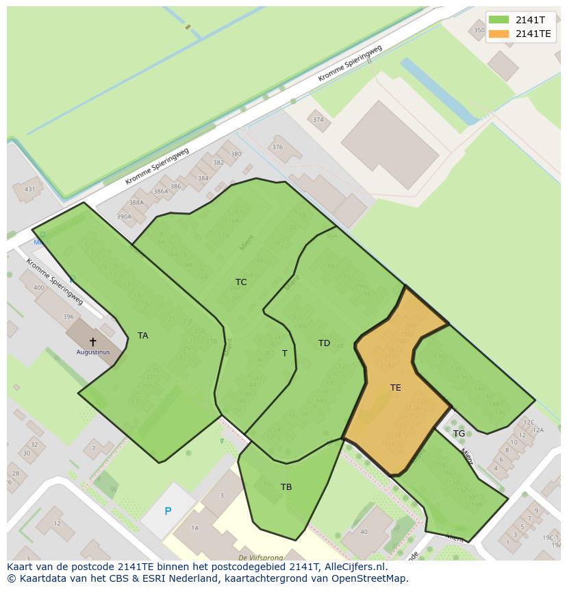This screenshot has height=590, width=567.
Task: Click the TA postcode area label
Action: tap(142, 336)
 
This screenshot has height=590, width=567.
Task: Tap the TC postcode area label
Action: tap(241, 282)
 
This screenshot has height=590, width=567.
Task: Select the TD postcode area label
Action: tap(324, 343)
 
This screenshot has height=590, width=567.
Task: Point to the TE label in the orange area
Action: tap(395, 388)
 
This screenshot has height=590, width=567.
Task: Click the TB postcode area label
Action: tap(286, 487)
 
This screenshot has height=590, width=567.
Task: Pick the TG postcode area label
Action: tap(459, 434)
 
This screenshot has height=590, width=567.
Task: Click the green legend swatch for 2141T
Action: tap(499, 20)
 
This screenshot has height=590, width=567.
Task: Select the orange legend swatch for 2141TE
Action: tap(499, 34)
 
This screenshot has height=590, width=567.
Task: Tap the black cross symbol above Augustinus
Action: tap(93, 341)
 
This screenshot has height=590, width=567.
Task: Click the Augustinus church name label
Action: tap(92, 352)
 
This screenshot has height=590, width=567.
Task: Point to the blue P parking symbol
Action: tap(168, 511)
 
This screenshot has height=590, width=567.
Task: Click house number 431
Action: tap(29, 190)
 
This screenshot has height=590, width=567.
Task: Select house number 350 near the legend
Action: tap(479, 30)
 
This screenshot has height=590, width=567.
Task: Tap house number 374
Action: tap(318, 120)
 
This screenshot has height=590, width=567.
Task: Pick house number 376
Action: tap(277, 147)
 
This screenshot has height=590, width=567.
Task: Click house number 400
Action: tap(39, 287)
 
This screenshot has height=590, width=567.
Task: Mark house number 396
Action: tap(68, 317)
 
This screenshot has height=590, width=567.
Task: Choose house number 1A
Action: tap(194, 528)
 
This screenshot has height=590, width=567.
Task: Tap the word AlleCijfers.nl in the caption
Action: tap(353, 567)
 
